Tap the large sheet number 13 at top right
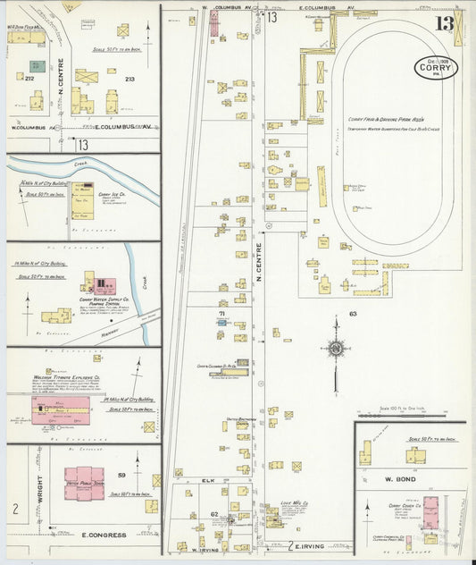(444, 23)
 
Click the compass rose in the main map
(336, 349)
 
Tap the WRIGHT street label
(38, 480)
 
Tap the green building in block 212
(37, 66)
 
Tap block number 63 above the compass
(353, 314)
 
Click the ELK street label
(208, 481)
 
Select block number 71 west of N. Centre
(221, 314)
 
